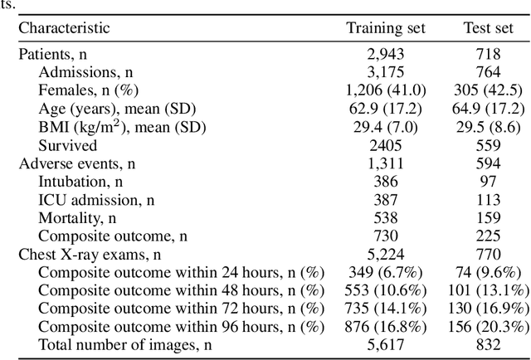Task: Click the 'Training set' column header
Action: click(385, 28)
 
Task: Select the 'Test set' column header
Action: click(488, 28)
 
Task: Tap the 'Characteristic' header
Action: click(64, 28)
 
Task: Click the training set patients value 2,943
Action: click(385, 55)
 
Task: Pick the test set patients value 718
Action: click(488, 55)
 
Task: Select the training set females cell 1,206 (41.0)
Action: click(385, 90)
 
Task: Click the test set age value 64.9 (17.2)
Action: click(488, 109)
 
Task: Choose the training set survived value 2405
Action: click(385, 145)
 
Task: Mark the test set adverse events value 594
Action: click(488, 163)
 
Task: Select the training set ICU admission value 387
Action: click(385, 199)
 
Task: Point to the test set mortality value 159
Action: click(488, 217)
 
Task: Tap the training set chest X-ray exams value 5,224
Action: click(385, 254)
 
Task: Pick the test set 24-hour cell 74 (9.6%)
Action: click(488, 272)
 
